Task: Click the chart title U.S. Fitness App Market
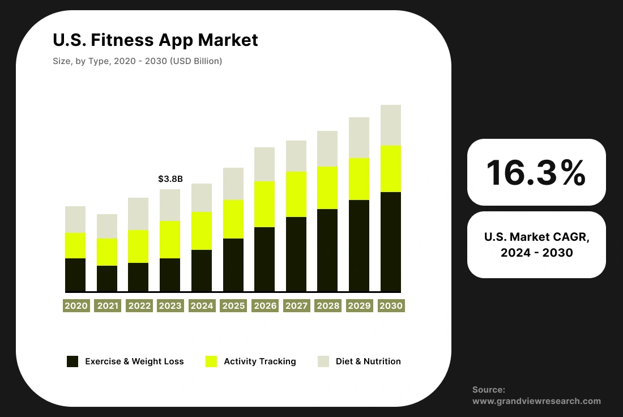coord(155,40)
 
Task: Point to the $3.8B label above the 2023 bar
coord(170,179)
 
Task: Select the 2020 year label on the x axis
coord(76,306)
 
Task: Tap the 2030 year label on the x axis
coord(391,306)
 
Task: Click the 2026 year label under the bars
coord(265,306)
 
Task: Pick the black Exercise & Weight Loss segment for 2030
coord(391,242)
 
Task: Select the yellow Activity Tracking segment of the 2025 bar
coord(233,219)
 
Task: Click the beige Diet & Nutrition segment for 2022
coord(138,214)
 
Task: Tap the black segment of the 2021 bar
coord(107,278)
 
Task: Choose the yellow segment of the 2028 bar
coord(327,188)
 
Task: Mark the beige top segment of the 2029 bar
coord(359,138)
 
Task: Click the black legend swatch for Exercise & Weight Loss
coord(72,361)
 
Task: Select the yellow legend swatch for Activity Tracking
coord(211,361)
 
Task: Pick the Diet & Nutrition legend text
coord(368,361)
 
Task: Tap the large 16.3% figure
coord(536,172)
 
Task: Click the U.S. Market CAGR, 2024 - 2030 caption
coord(536,245)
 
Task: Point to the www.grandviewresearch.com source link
coord(536,401)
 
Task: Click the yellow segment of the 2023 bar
coord(170,240)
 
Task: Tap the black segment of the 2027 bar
coord(296,254)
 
